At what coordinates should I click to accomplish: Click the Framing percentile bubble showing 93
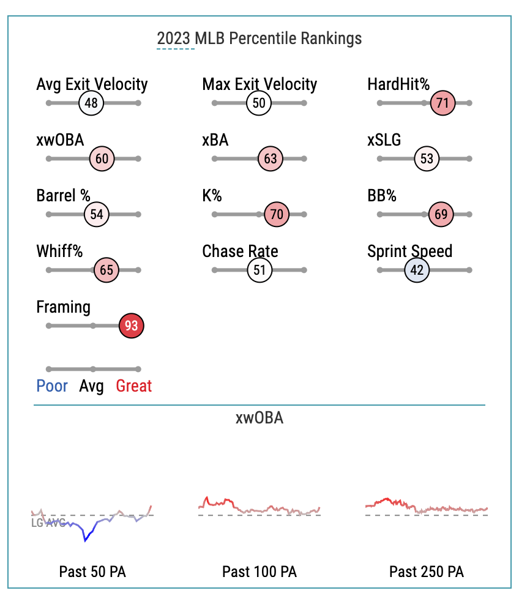click(131, 326)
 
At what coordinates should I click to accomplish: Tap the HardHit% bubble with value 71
click(442, 103)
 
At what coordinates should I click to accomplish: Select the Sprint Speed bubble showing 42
click(417, 270)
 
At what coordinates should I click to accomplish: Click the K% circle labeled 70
click(277, 215)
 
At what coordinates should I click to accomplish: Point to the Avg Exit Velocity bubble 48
click(91, 103)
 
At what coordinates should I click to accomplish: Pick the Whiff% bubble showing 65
click(106, 270)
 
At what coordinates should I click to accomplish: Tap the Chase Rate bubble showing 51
click(259, 270)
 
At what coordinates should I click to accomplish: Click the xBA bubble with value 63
click(271, 159)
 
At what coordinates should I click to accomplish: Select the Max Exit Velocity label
click(259, 84)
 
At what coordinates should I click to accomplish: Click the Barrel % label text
click(63, 196)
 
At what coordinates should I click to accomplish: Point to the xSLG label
click(384, 140)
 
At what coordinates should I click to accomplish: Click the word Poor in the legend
click(52, 386)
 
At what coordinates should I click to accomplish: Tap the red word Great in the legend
click(134, 386)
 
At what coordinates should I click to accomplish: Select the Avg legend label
click(92, 386)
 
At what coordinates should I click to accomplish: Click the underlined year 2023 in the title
click(174, 39)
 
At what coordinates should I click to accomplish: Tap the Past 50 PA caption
click(92, 572)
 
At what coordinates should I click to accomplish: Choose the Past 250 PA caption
click(427, 572)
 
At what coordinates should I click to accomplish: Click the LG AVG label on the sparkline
click(48, 523)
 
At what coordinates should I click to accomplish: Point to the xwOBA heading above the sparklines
click(259, 419)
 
